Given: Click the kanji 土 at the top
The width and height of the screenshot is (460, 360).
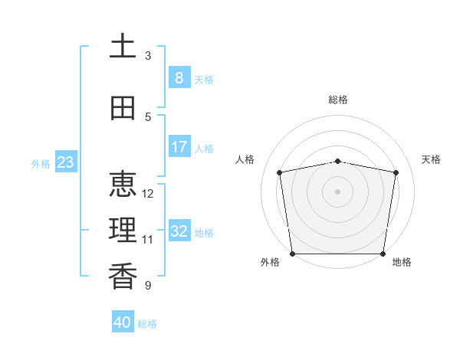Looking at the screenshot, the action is pos(123,45).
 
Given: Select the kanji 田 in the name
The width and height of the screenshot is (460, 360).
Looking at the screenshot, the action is pos(123,108).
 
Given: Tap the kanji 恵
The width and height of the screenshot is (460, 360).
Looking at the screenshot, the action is pos(123,184).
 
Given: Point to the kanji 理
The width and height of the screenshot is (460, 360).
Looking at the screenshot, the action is pos(123,230).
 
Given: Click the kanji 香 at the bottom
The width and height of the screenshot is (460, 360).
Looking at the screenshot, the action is pos(123,276).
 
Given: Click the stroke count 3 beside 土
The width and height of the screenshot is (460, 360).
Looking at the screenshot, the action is pos(148,56).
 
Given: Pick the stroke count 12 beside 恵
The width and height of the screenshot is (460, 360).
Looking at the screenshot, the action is pos(147,194).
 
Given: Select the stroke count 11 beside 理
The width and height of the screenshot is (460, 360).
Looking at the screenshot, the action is pos(147,240).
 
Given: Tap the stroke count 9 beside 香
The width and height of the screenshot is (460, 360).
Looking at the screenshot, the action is pos(148,285).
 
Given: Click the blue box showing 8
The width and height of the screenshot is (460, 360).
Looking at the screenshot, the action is pos(179,77).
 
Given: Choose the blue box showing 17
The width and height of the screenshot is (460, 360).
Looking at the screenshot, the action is pos(179,146).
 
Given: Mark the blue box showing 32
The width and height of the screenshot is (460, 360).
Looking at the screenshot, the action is pos(179,230).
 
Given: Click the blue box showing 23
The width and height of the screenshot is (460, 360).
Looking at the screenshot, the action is pos(66,162).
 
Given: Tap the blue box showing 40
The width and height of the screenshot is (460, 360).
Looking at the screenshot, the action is pos(123,321).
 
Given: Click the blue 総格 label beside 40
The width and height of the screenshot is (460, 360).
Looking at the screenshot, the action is pos(147,324).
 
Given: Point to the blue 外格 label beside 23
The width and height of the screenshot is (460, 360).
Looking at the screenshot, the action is pos(41,164).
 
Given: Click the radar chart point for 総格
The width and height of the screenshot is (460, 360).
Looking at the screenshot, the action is pos(337,162).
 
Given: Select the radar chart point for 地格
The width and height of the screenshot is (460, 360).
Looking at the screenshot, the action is pos(383,254).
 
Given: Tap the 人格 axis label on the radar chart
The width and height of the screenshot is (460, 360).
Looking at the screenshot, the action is pos(245,159).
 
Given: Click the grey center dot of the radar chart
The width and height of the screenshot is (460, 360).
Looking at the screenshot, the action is pos(337,191).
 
